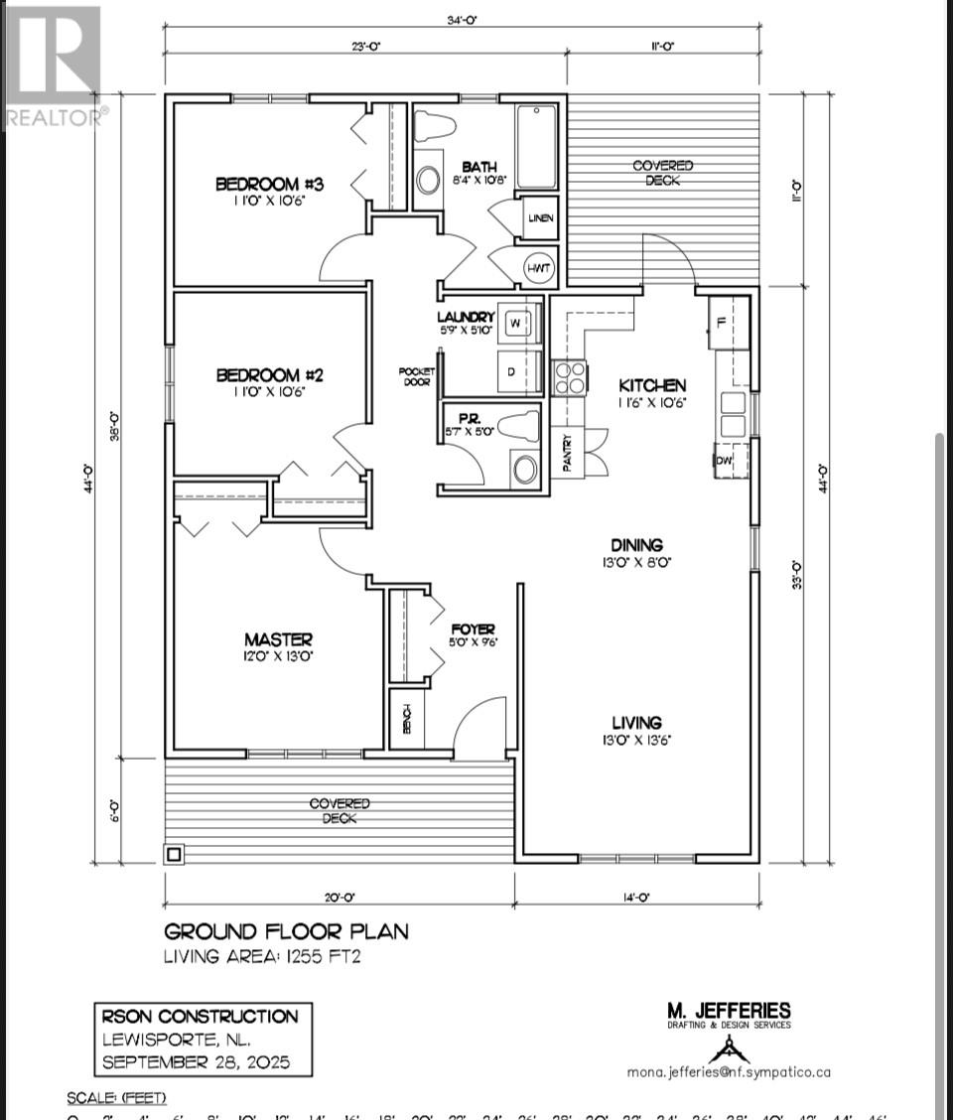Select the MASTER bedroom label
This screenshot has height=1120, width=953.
pyautogui.click(x=279, y=639)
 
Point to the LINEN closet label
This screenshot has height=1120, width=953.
pyautogui.click(x=541, y=217)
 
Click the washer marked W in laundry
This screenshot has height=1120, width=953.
pyautogui.click(x=516, y=323)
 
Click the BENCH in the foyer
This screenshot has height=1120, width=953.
pyautogui.click(x=406, y=717)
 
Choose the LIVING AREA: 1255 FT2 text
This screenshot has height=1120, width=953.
pyautogui.click(x=261, y=956)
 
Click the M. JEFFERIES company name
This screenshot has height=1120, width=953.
pyautogui.click(x=729, y=1011)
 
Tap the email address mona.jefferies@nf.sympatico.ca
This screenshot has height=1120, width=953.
pyautogui.click(x=729, y=1071)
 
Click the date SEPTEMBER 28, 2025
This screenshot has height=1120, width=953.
pyautogui.click(x=198, y=1061)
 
